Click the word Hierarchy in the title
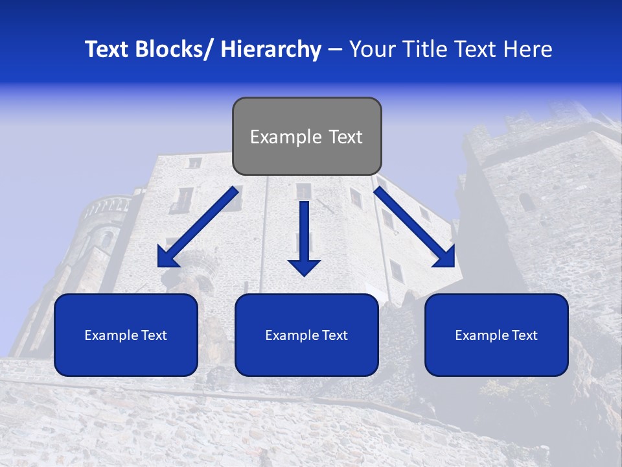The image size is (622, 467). (271, 49)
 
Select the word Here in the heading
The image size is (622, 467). (531, 49)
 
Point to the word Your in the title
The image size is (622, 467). (372, 49)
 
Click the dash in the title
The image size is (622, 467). (335, 49)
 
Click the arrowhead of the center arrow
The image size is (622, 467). (304, 266)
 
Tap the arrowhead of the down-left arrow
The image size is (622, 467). (167, 257)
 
